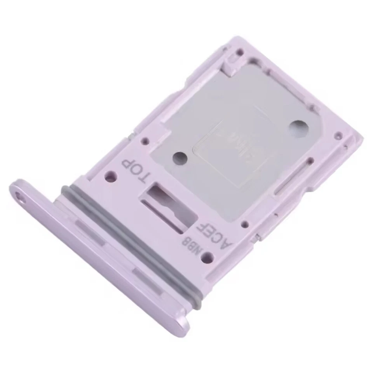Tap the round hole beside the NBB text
[207, 256]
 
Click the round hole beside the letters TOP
[111, 177]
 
